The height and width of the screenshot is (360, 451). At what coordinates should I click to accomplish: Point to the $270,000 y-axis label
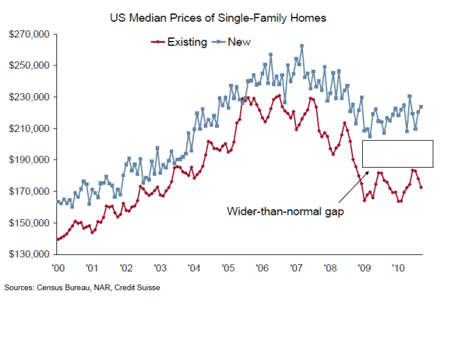29,34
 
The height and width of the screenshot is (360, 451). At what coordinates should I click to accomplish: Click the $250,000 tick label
29,66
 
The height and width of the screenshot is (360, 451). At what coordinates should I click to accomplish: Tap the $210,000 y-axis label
29,128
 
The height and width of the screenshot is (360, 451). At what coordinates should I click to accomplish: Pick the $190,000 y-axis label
29,160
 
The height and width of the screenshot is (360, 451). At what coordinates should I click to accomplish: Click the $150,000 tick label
29,223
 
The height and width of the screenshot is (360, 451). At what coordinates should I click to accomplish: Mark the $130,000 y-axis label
29,254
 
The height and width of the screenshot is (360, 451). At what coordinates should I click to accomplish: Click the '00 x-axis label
58,268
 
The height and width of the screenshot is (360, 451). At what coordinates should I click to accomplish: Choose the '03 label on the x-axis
160,268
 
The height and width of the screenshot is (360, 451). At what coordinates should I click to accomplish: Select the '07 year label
296,268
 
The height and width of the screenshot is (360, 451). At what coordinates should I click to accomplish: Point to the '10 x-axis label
398,268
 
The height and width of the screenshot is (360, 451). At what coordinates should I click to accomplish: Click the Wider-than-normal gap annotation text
285,211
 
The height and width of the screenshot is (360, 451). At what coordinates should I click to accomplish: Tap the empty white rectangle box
397,154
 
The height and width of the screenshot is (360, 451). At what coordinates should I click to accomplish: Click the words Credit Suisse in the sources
135,287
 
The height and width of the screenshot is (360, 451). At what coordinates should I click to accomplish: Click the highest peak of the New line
302,46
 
